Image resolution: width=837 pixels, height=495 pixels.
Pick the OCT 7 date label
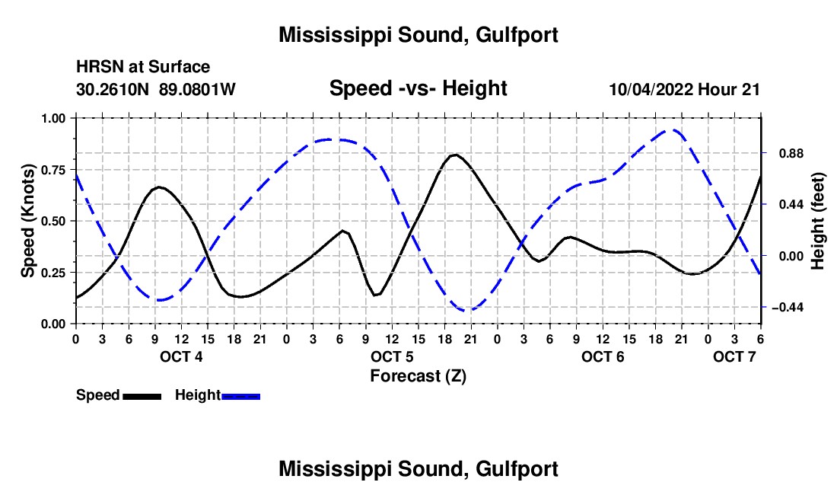(x=734, y=356)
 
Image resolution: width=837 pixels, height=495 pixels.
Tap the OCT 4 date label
(x=181, y=356)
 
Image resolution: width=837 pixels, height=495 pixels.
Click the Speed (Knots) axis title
(x=27, y=221)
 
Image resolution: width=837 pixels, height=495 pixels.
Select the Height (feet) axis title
(x=819, y=221)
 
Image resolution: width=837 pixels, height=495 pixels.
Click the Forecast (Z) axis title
(x=418, y=375)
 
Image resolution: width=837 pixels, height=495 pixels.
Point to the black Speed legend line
(x=141, y=396)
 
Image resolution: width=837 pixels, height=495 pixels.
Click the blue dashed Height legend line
(x=240, y=396)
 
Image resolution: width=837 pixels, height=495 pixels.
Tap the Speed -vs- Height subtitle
(x=418, y=88)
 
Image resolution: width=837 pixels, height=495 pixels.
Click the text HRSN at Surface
(x=143, y=67)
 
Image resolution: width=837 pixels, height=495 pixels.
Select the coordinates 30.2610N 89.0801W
(x=156, y=89)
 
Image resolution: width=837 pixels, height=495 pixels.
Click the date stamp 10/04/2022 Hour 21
(x=684, y=89)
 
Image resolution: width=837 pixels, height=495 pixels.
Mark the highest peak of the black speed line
(x=455, y=155)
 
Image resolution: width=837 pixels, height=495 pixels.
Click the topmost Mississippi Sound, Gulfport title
(x=418, y=35)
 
